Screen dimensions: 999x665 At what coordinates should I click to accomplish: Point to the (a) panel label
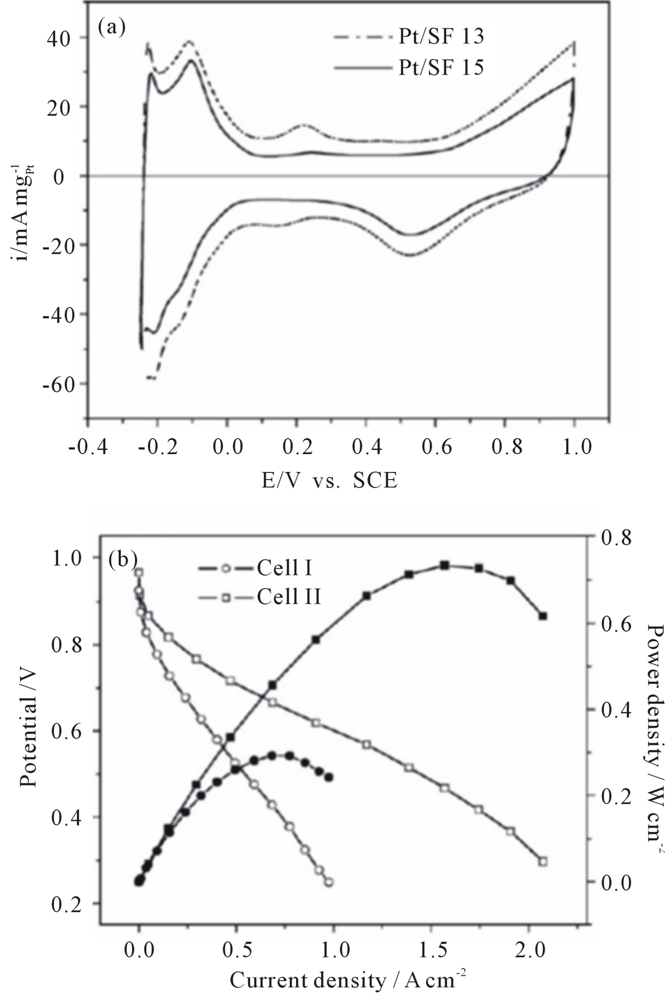pos(111,28)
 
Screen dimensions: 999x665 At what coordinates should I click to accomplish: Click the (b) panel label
pos(123,560)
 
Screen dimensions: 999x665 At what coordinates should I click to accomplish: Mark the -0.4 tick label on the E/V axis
pos(88,447)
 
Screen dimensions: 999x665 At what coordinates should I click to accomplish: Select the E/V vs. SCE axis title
pos(330,481)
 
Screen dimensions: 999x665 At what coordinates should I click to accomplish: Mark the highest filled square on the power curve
pos(444,565)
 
